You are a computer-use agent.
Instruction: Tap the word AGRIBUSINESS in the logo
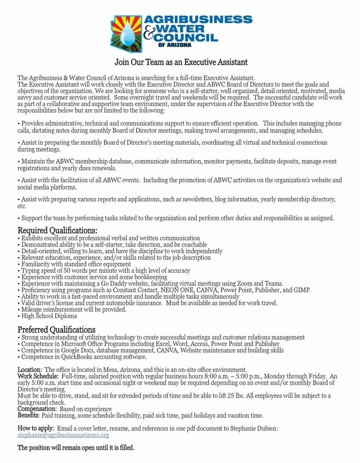coord(199,19)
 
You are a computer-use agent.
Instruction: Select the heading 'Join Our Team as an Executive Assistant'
coord(181,62)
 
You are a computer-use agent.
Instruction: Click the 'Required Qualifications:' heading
coord(57,231)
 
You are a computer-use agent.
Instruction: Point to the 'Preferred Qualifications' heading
coord(56,330)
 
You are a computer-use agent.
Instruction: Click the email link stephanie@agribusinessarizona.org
coord(63,435)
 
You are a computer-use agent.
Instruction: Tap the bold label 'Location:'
coord(30,370)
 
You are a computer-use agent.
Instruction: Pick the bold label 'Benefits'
coord(28,416)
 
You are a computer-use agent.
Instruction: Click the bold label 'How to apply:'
coord(36,429)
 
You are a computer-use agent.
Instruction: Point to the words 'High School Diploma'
coord(49,316)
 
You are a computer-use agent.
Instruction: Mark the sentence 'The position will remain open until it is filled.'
coord(76,448)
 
